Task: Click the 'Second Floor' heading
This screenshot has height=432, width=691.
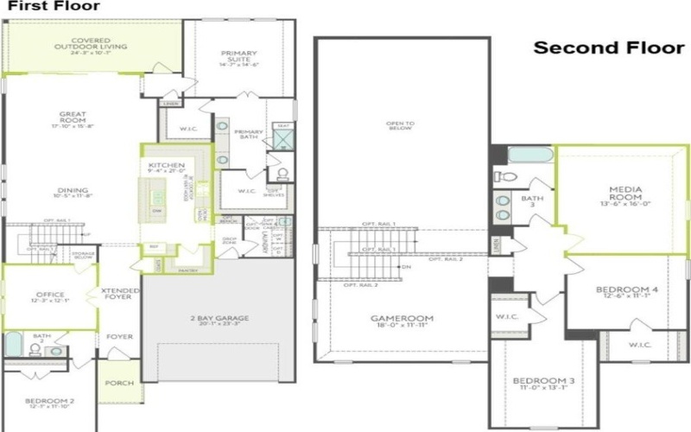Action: (607, 48)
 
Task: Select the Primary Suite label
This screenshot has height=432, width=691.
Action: (239, 58)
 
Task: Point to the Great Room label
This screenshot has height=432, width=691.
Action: (73, 118)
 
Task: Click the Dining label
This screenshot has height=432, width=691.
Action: (73, 192)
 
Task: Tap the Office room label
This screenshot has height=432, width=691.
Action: (49, 296)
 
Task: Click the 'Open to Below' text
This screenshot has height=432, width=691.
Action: (400, 126)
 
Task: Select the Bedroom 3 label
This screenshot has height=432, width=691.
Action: (544, 383)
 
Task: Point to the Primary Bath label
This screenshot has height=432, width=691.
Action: (249, 135)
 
